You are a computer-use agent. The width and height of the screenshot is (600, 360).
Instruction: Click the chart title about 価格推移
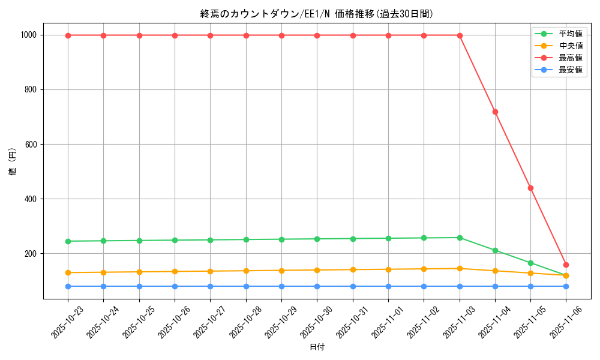tap(317, 14)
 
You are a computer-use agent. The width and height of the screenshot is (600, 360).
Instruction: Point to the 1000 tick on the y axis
tap(29, 35)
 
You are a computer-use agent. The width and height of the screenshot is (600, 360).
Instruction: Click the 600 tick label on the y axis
tap(31, 145)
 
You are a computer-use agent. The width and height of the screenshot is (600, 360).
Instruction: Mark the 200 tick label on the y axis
tap(31, 254)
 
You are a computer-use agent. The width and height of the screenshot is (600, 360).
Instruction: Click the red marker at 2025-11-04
tap(495, 112)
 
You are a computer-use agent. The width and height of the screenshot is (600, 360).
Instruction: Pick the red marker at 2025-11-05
tap(530, 188)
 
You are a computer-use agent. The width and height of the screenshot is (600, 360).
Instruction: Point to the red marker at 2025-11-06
tap(566, 265)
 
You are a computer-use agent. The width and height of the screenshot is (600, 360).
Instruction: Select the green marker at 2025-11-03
tap(460, 238)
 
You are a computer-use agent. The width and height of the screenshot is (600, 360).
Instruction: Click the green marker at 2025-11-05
tap(530, 263)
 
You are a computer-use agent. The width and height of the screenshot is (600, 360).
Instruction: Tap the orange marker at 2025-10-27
tap(210, 271)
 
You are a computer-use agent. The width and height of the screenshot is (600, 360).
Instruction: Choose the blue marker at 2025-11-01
tap(388, 286)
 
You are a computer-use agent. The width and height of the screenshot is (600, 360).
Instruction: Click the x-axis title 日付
tap(317, 347)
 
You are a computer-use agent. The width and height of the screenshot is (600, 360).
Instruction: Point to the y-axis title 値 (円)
tap(13, 162)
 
